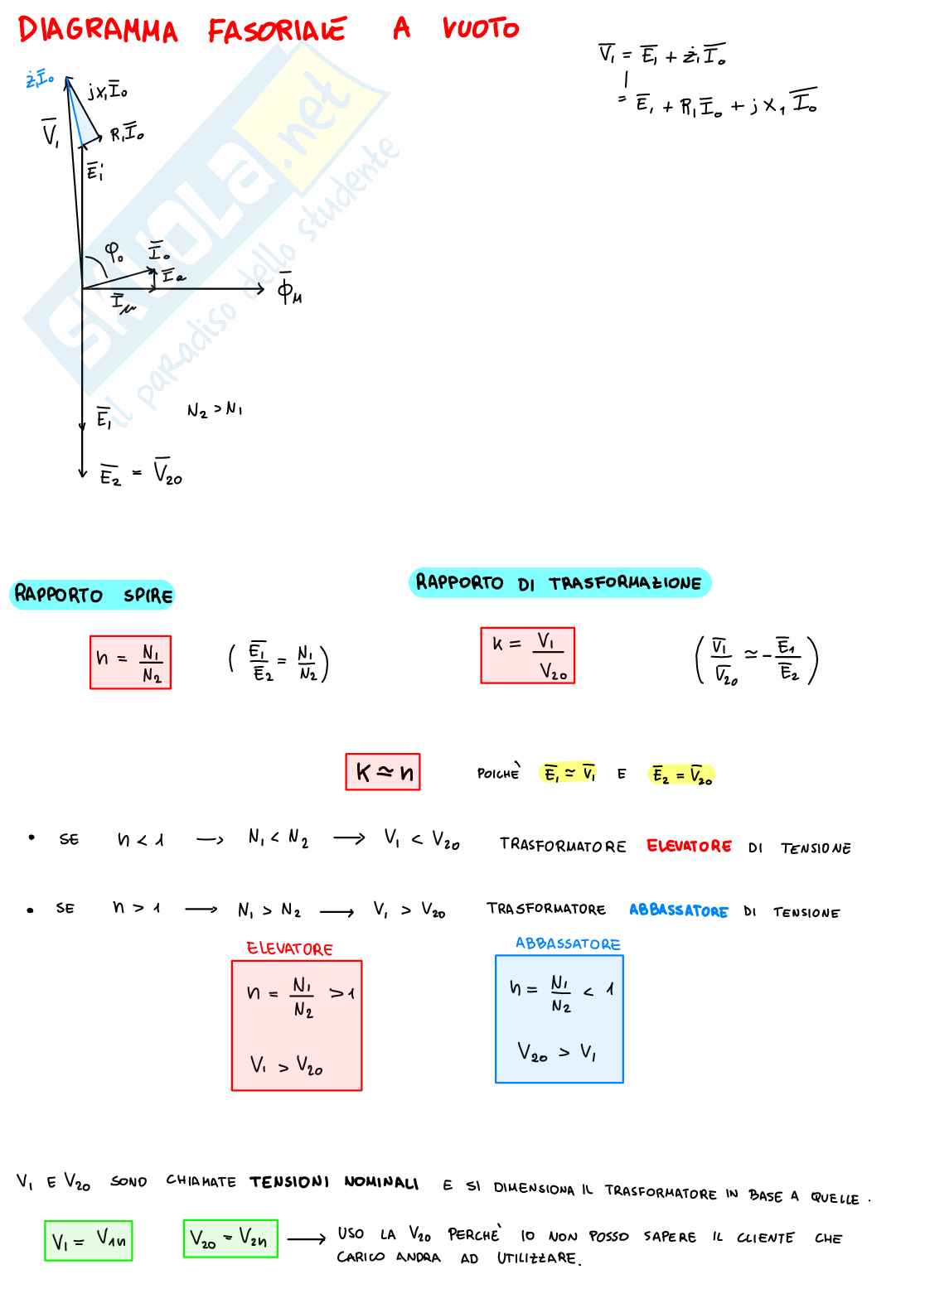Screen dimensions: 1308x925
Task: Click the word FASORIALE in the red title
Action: tap(276, 31)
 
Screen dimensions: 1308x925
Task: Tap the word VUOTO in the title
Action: tap(480, 29)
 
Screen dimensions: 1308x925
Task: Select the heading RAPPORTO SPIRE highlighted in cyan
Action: tap(93, 595)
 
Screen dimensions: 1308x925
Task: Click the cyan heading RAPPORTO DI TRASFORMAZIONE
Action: tap(559, 582)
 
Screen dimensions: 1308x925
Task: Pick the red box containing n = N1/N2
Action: tap(130, 662)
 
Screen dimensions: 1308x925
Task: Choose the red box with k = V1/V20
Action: tap(527, 655)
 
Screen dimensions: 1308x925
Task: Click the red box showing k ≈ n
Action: tap(383, 772)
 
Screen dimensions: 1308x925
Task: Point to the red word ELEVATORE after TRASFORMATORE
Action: tap(689, 846)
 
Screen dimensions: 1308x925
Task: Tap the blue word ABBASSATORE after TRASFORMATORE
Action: tap(678, 910)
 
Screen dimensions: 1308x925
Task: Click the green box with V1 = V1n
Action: tap(89, 1240)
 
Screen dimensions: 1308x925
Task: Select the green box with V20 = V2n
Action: tap(230, 1238)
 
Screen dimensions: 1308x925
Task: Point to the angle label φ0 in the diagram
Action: tap(115, 250)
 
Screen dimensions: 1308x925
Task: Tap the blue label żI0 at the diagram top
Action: tap(39, 80)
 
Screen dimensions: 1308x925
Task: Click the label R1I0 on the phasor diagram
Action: tap(127, 133)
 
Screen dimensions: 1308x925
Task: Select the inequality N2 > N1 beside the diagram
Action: tap(215, 409)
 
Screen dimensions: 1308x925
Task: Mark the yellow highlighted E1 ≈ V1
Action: tap(569, 774)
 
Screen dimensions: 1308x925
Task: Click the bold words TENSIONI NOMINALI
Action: tap(334, 1182)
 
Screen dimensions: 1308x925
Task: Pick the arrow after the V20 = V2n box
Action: tap(306, 1240)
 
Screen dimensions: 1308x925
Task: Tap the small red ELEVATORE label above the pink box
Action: tap(289, 948)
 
